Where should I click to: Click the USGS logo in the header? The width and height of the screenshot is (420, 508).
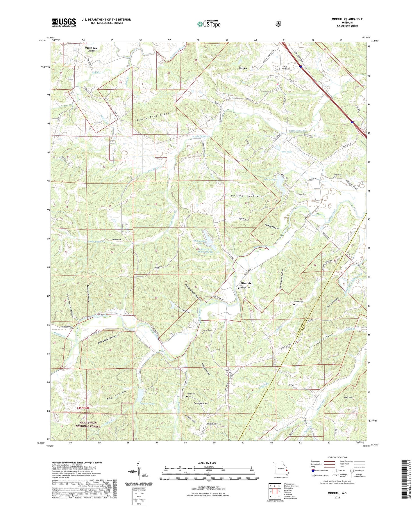tap(64, 22)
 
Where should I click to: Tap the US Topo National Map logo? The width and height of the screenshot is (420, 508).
tap(208, 24)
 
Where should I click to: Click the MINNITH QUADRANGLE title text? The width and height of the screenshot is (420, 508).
tap(347, 19)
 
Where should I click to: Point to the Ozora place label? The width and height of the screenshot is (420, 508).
tap(243, 68)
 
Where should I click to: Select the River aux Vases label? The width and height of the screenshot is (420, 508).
tap(90, 49)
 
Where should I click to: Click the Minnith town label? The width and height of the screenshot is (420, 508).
tap(245, 283)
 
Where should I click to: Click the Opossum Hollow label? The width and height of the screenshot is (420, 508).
tap(244, 196)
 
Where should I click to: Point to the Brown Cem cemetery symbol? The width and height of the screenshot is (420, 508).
tap(295, 194)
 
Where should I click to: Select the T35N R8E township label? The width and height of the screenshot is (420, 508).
tap(83, 408)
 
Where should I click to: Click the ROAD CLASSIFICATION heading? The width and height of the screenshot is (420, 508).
tap(337, 458)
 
